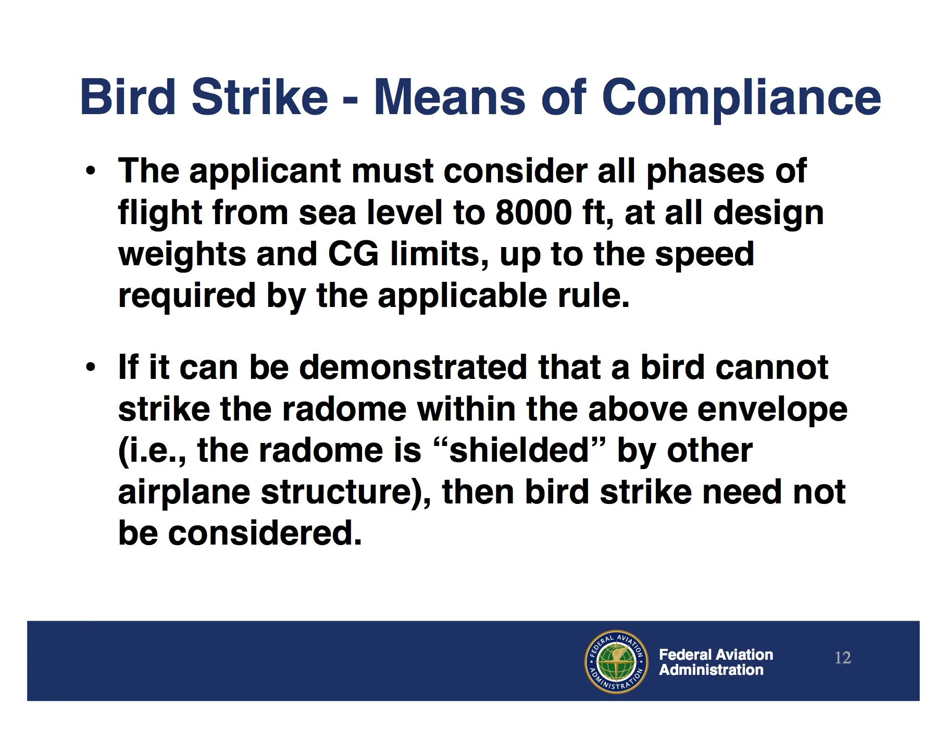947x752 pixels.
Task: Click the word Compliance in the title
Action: tap(741, 97)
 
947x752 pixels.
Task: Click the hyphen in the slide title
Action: tap(351, 99)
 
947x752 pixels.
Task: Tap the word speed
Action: tap(704, 256)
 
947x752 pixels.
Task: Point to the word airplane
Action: tap(184, 494)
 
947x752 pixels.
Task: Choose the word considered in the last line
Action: tap(265, 533)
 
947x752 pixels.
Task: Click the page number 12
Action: tap(843, 658)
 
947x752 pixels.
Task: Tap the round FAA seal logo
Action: tap(616, 661)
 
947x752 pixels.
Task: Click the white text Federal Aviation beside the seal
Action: tap(716, 655)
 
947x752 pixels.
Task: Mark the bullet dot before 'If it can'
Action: tap(91, 367)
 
